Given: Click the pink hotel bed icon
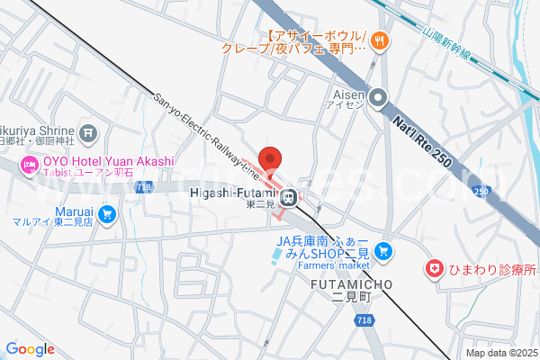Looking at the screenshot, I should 29,164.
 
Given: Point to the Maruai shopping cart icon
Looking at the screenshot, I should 108,213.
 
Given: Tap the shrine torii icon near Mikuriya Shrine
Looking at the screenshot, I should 88,134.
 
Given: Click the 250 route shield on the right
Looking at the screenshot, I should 481,191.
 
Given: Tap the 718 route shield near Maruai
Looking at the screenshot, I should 143,187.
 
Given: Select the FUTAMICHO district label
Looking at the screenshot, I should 351,284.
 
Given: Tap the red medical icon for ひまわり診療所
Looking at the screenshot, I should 436,269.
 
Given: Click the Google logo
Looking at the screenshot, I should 30,349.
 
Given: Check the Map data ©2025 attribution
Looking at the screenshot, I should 500,353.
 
